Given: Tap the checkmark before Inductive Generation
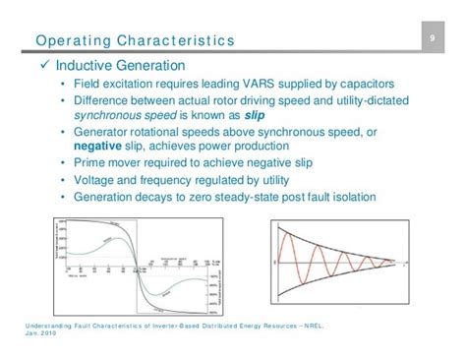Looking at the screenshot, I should click(x=41, y=66).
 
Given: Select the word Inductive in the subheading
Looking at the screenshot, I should click(x=87, y=66).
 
